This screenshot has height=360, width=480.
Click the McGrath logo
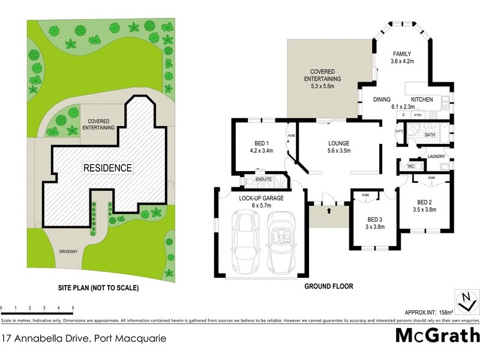click(437, 336)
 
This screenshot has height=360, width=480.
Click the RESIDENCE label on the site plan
click(107, 167)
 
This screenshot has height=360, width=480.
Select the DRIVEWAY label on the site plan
click(69, 251)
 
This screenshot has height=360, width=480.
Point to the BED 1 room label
click(260, 143)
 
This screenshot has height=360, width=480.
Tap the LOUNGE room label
click(338, 143)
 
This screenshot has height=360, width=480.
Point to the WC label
click(411, 166)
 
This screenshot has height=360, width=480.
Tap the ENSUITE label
click(264, 179)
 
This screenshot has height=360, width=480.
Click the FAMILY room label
click(402, 53)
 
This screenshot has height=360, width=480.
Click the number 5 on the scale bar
click(73, 307)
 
